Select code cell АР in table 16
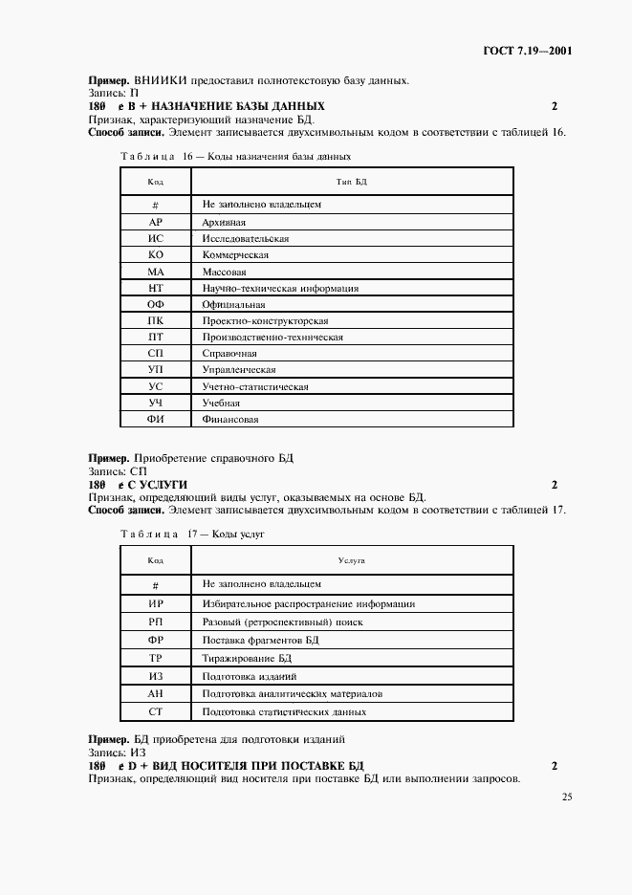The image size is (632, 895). tap(156, 221)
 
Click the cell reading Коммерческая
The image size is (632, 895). tap(235, 255)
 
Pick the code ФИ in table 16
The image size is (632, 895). tap(156, 419)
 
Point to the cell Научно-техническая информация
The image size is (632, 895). tap(280, 288)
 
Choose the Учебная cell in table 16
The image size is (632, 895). tap(221, 403)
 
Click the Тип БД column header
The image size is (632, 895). tap(353, 182)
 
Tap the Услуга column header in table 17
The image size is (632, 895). tap(353, 560)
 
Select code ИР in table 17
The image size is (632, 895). tap(156, 604)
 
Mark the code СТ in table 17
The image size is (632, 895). tap(156, 712)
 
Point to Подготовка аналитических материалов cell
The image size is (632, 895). tap(293, 694)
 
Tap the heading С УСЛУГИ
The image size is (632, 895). tap(158, 485)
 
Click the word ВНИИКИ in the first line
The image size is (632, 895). tap(162, 80)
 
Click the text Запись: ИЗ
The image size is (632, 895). tap(115, 753)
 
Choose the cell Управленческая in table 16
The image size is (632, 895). tap(239, 369)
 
